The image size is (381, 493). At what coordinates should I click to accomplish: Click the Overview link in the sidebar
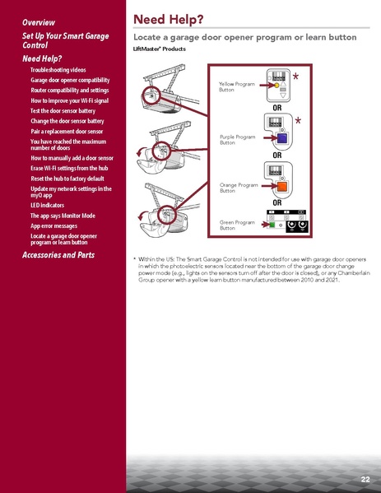[39, 21]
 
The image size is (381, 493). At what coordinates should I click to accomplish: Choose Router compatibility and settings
[70, 90]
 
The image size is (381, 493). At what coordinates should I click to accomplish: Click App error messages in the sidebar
[54, 225]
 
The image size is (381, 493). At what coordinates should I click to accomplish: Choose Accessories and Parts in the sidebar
[58, 255]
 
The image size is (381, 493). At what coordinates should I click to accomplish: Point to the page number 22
[364, 479]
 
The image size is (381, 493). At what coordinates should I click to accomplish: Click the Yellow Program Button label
[237, 86]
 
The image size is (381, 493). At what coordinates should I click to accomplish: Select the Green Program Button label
[237, 225]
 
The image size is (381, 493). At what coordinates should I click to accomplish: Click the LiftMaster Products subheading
[159, 50]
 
